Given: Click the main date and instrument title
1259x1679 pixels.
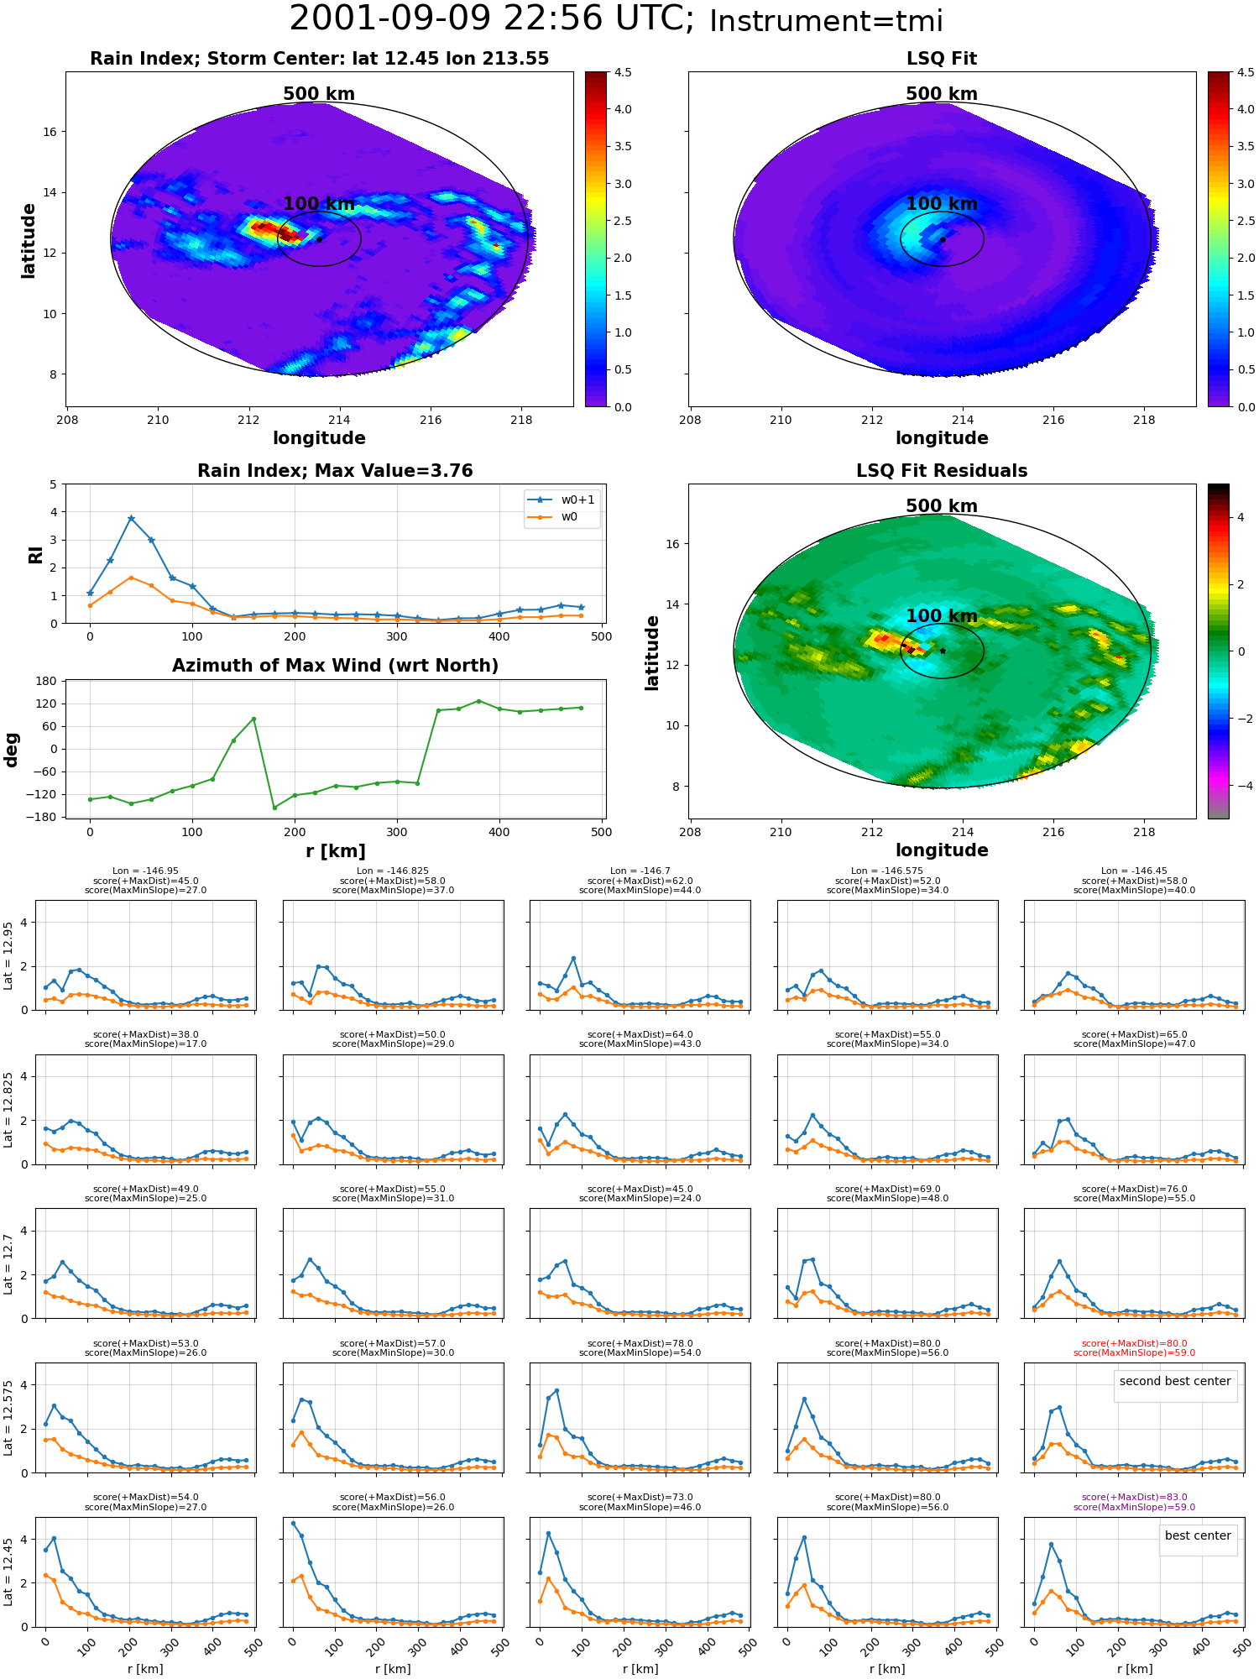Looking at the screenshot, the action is click(x=616, y=19).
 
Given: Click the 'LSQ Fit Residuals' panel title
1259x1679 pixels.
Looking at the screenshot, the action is click(x=942, y=471).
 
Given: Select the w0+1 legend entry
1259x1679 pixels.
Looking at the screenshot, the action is click(x=562, y=500).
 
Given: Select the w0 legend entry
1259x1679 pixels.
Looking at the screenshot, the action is click(x=554, y=516).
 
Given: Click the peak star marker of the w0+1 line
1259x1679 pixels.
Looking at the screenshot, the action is click(x=131, y=519).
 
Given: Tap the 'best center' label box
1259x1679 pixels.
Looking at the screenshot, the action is click(x=1198, y=1535).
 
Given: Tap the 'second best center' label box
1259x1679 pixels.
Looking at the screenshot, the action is click(x=1175, y=1381).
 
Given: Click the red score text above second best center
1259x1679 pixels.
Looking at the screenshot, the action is click(x=1134, y=1347).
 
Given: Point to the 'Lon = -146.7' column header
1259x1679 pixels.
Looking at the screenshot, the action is click(x=640, y=871).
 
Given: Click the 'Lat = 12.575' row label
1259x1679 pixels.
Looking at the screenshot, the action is click(x=8, y=1418).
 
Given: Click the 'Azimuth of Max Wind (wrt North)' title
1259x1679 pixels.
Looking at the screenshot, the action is click(x=335, y=666).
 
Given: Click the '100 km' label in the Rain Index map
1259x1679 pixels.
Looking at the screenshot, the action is click(x=319, y=204).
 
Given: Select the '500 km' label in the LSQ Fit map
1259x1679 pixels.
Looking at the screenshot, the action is click(x=942, y=94).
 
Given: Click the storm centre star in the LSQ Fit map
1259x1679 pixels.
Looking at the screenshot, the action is click(x=943, y=239).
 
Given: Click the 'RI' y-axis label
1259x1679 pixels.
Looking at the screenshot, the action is click(x=35, y=555).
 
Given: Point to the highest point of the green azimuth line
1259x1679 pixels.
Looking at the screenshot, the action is click(x=478, y=701).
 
